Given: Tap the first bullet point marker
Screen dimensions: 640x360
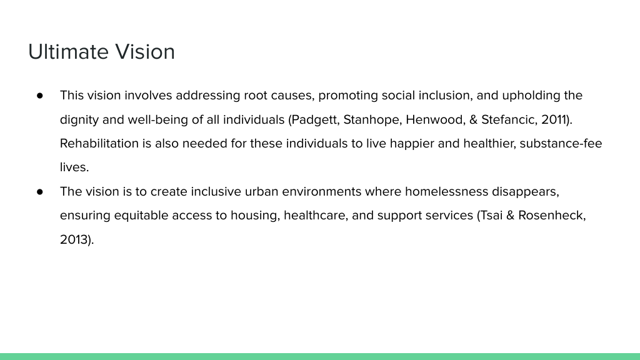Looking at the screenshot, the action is pyautogui.click(x=39, y=96).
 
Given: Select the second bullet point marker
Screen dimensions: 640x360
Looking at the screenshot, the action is pyautogui.click(x=39, y=192).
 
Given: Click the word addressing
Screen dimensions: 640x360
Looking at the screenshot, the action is pyautogui.click(x=207, y=96).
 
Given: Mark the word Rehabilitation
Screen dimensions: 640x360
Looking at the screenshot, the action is pyautogui.click(x=99, y=144).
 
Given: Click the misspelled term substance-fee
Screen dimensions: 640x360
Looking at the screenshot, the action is pyautogui.click(x=561, y=144).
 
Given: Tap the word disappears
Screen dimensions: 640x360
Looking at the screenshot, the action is pyautogui.click(x=525, y=192).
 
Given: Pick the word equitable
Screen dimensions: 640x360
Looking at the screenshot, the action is pyautogui.click(x=141, y=216).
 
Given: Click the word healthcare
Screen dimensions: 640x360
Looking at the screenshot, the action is pyautogui.click(x=316, y=216).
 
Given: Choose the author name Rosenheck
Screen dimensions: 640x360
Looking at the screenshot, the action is pyautogui.click(x=552, y=216).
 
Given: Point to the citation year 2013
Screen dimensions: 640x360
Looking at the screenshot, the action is pyautogui.click(x=74, y=239).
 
